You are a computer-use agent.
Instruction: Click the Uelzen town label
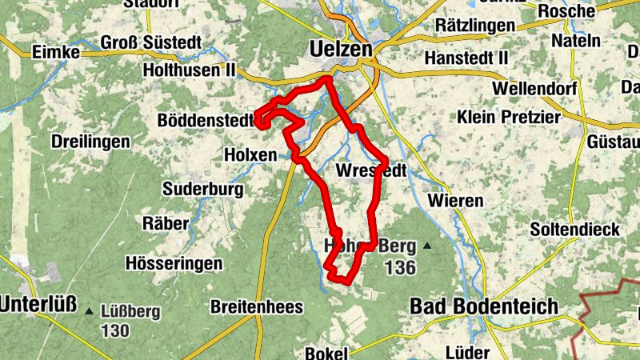(341, 50)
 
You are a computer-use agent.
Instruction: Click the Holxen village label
(250, 154)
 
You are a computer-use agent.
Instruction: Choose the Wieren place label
(455, 200)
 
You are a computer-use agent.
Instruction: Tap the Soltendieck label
(574, 230)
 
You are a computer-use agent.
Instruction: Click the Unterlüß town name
(38, 305)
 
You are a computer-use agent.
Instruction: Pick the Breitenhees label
(256, 306)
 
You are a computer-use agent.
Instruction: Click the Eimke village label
(55, 52)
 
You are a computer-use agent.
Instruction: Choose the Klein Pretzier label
(510, 117)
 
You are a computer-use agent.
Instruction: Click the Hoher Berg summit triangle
(427, 246)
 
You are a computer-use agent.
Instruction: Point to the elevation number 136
(400, 267)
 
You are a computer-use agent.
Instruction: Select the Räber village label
(166, 223)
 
